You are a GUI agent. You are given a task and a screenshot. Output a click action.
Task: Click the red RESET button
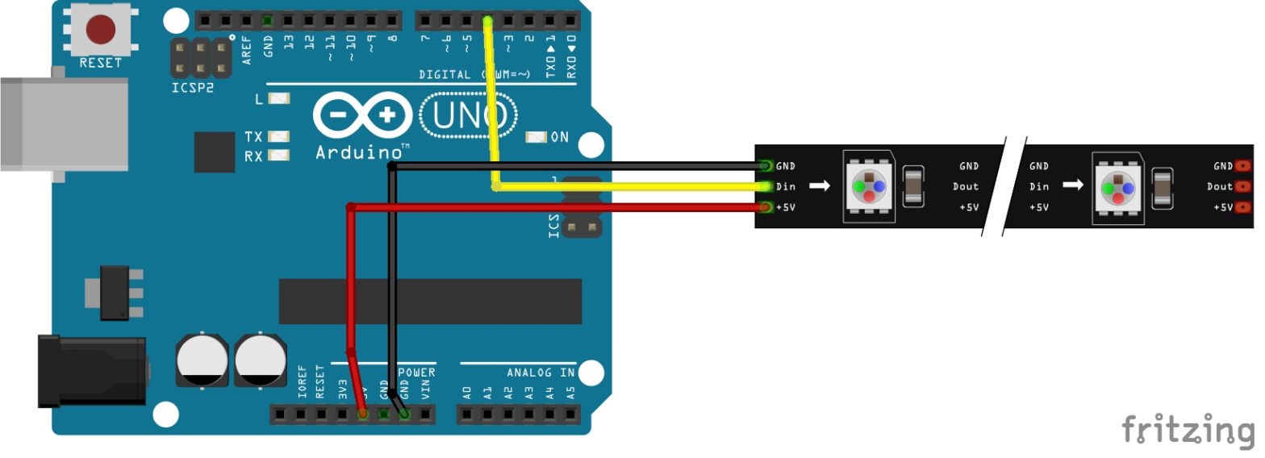click(100, 30)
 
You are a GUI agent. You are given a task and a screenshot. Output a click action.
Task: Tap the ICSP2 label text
click(193, 88)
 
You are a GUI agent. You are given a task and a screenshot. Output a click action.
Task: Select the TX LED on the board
click(279, 137)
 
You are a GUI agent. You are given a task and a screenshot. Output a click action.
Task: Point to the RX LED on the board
click(279, 156)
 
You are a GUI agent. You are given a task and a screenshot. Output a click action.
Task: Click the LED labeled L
click(279, 99)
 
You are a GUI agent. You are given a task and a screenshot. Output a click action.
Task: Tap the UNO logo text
click(469, 118)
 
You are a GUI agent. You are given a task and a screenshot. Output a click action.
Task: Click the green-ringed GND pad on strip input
click(766, 166)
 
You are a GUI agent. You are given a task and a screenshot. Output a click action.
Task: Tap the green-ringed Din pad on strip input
click(766, 186)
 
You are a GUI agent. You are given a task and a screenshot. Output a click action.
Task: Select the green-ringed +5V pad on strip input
click(766, 207)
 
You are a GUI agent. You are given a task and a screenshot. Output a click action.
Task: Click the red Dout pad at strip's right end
click(1242, 186)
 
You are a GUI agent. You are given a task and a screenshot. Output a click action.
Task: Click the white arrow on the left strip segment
click(820, 186)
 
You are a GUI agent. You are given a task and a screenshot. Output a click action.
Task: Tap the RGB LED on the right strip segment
click(1117, 187)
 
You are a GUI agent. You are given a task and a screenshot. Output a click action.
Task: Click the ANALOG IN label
click(541, 373)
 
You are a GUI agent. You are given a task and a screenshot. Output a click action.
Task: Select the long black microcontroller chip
click(430, 301)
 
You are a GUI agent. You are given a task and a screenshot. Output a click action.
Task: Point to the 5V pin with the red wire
click(363, 414)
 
